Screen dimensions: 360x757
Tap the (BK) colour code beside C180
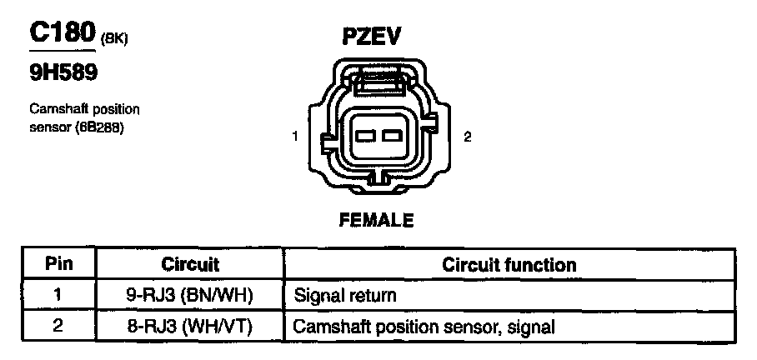point(113,38)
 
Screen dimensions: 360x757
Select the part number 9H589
point(63,74)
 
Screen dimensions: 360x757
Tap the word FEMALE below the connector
point(376,220)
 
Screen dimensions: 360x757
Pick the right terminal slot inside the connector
point(390,136)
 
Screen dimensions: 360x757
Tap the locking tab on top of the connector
point(379,81)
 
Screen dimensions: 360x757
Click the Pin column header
point(58,265)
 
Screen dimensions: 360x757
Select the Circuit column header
point(190,265)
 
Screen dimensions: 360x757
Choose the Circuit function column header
point(509,265)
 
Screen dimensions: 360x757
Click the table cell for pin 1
point(58,295)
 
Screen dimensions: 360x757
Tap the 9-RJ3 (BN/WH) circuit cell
point(190,295)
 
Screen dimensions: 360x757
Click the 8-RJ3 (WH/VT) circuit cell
point(190,326)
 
